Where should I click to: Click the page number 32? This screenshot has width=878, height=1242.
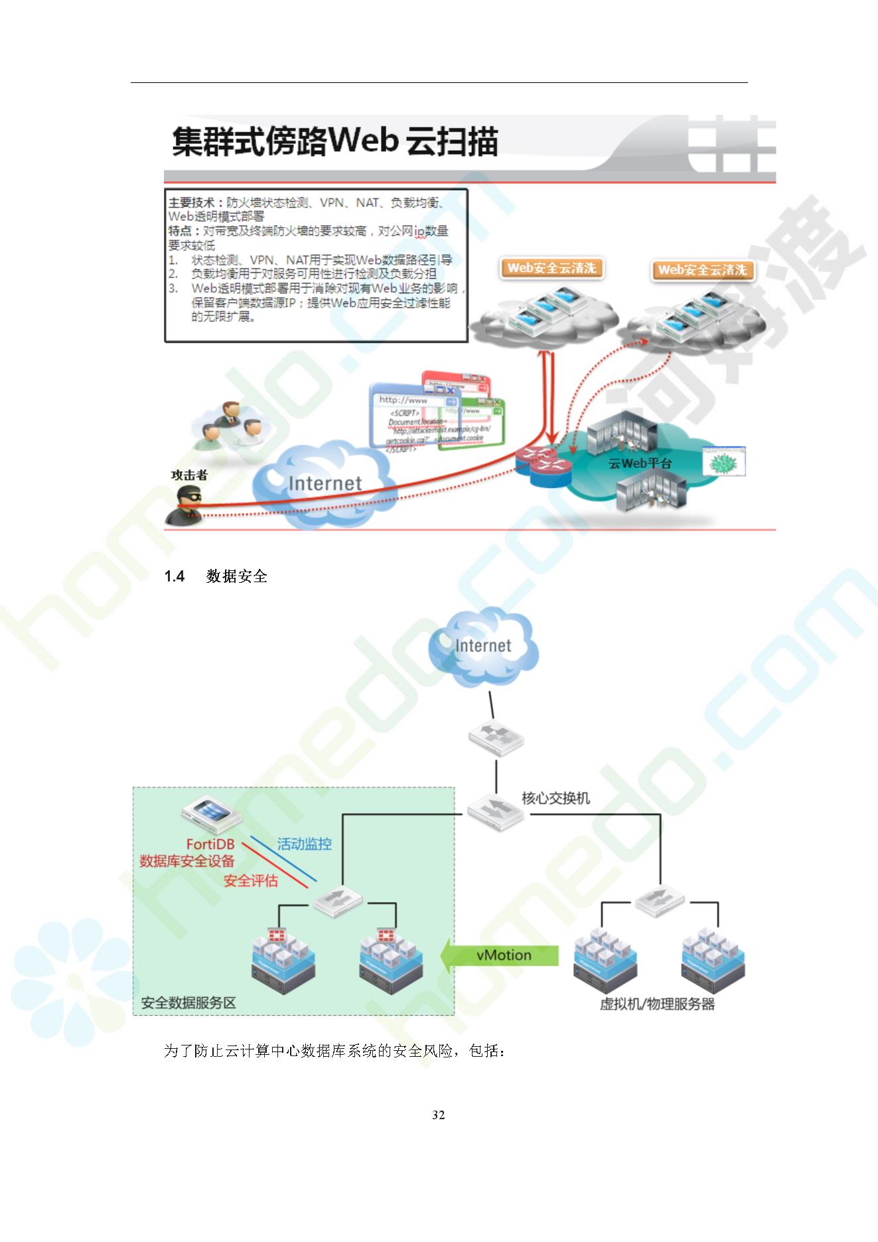(438, 1115)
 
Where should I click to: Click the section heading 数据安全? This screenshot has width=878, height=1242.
(236, 576)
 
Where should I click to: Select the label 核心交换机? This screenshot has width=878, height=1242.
(555, 798)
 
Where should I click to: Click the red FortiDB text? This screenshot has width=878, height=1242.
(210, 844)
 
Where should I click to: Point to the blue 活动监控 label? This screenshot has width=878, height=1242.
(304, 844)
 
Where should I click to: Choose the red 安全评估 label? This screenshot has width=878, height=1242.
(250, 881)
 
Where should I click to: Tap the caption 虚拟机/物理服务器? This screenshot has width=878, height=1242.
(657, 1004)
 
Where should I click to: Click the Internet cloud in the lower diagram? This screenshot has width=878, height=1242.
(483, 645)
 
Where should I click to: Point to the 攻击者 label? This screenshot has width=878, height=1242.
(189, 475)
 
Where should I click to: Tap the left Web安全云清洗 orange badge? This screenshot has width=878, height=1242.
(551, 268)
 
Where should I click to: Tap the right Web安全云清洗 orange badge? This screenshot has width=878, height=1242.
(702, 270)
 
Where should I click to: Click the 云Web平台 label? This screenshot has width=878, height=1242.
(640, 463)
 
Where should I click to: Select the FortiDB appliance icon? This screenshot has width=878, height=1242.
(210, 816)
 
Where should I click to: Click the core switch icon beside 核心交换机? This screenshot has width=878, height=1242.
(495, 809)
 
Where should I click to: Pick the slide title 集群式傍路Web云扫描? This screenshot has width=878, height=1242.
(335, 141)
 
